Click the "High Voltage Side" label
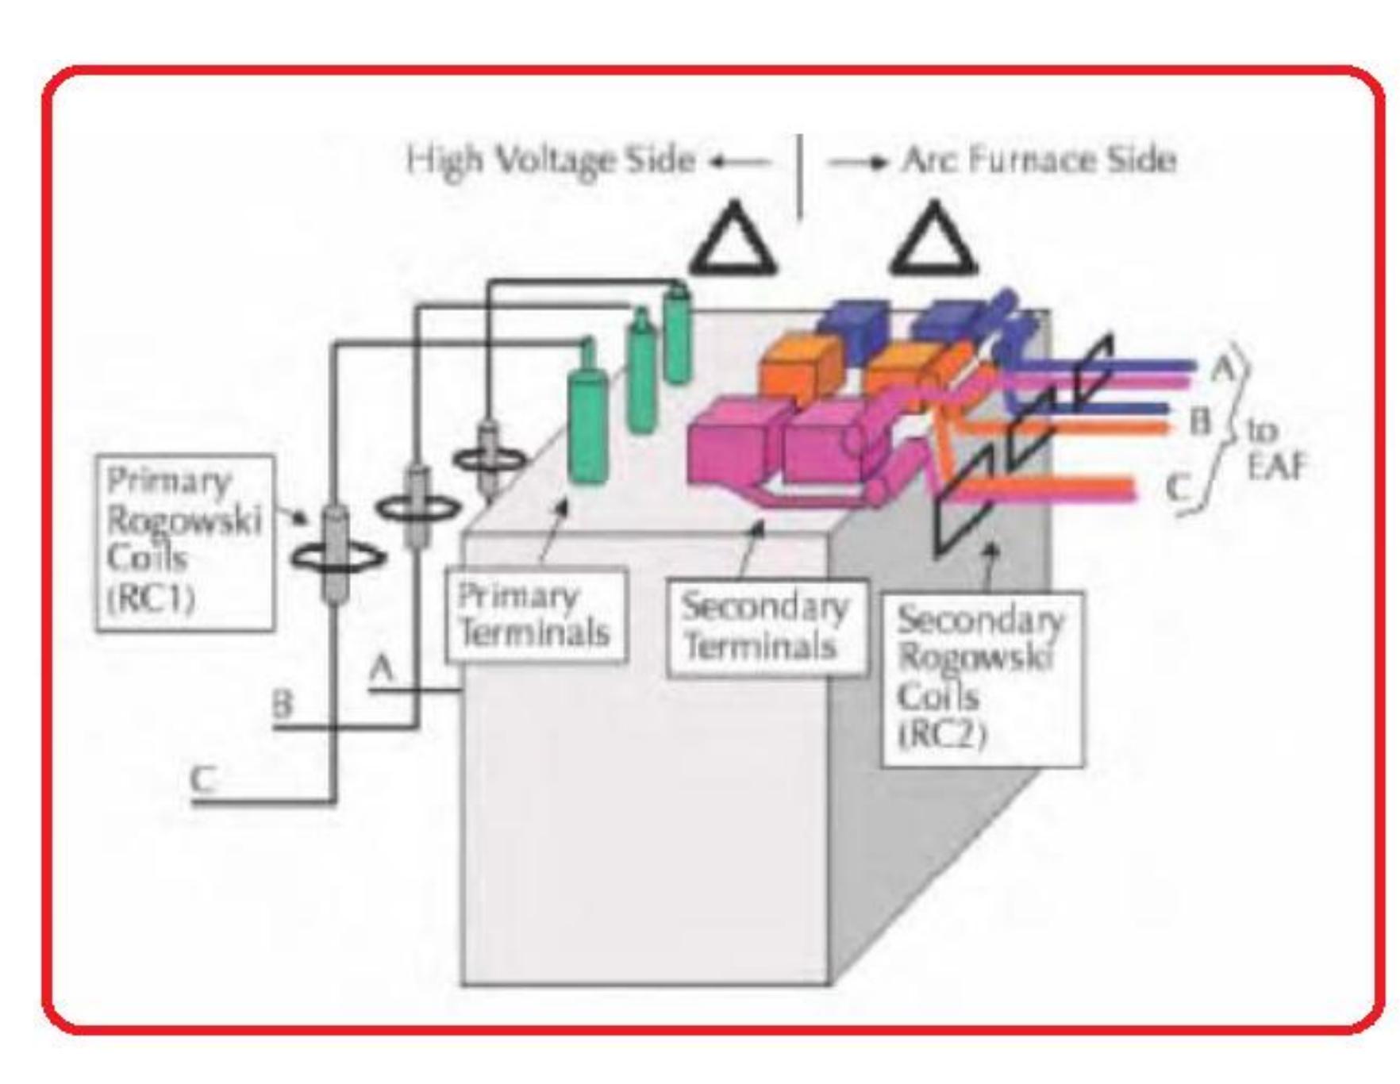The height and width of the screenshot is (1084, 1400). (x=550, y=160)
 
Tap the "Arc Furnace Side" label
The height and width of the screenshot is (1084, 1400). (x=1039, y=160)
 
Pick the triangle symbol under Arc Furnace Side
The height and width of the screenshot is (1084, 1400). (x=933, y=240)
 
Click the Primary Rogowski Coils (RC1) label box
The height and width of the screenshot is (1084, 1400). (x=185, y=543)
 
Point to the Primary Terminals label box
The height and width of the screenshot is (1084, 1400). (x=536, y=615)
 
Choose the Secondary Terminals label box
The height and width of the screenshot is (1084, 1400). (x=766, y=628)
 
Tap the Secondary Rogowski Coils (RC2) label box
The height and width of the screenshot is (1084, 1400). (x=982, y=678)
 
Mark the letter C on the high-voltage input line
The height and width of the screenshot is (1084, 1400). (x=203, y=778)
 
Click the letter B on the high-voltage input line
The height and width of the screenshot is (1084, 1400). (x=282, y=704)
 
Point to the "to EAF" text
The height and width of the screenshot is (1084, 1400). (x=1275, y=449)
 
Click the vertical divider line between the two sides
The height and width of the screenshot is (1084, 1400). (x=800, y=176)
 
